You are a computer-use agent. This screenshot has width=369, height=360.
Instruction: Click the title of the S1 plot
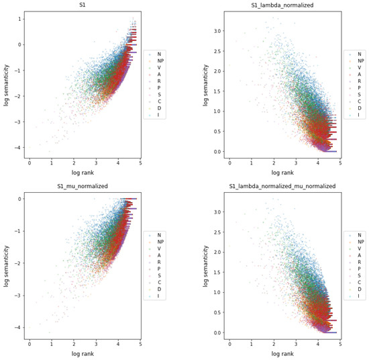(x=83, y=5)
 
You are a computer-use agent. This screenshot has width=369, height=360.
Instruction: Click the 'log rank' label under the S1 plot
(x=83, y=173)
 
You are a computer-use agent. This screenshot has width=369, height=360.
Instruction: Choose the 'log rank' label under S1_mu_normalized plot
(x=83, y=354)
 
